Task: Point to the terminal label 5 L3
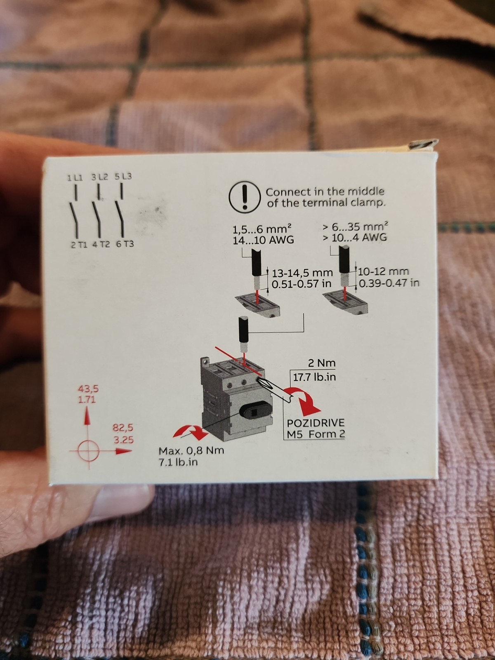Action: pyautogui.click(x=123, y=177)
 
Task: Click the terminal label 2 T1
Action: pyautogui.click(x=79, y=245)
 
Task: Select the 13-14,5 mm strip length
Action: pyautogui.click(x=302, y=273)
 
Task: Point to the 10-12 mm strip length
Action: pyautogui.click(x=384, y=271)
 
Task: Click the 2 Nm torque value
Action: pyautogui.click(x=322, y=363)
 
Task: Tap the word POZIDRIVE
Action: pyautogui.click(x=316, y=423)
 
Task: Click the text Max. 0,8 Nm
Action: pyautogui.click(x=191, y=451)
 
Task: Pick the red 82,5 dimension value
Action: pyautogui.click(x=123, y=427)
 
